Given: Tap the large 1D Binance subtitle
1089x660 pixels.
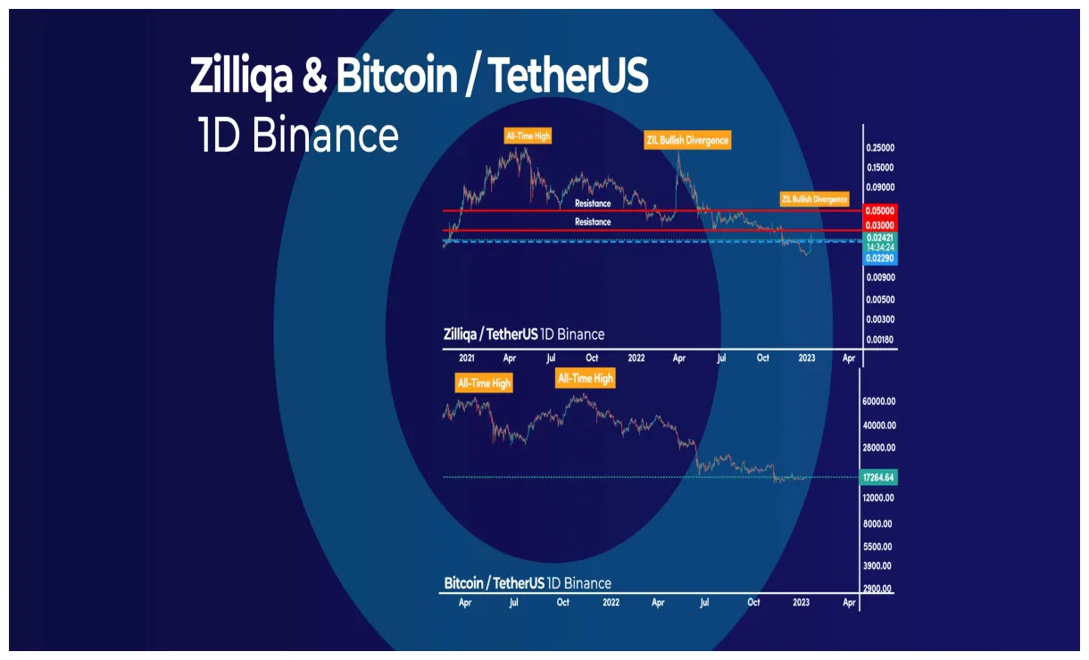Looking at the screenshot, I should point(298,136).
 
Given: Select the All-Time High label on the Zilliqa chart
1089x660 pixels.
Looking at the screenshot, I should point(528,136).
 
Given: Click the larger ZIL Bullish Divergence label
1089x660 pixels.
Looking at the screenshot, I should point(687,140).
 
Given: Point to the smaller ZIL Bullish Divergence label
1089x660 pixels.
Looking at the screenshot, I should point(814,199).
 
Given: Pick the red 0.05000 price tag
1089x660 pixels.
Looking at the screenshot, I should point(879,211).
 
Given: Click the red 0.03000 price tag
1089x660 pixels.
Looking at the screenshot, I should point(879,226).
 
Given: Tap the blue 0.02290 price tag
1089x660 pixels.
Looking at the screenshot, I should point(879,259).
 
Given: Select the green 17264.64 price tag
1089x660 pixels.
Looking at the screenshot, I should point(878,477).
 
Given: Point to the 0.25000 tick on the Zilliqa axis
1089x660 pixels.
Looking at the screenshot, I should point(880,148).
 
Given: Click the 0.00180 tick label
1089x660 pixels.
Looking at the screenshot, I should point(880,340).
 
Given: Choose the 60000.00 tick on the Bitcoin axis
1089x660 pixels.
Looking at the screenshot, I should point(878,401).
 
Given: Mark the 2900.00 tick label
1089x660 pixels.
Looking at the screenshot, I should point(878,590).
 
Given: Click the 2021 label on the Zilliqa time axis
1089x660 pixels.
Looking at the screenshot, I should point(466,358).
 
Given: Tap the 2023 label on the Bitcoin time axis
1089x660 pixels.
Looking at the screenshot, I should point(801,603).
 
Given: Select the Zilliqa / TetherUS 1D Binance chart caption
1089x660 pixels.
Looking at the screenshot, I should point(524,334).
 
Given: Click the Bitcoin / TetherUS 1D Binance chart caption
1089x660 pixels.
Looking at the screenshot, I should point(528,583).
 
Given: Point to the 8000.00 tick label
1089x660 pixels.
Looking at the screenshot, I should point(878,524).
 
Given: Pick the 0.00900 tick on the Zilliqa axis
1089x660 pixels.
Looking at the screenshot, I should point(880,277).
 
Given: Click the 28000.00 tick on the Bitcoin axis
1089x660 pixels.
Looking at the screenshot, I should point(878,448).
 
